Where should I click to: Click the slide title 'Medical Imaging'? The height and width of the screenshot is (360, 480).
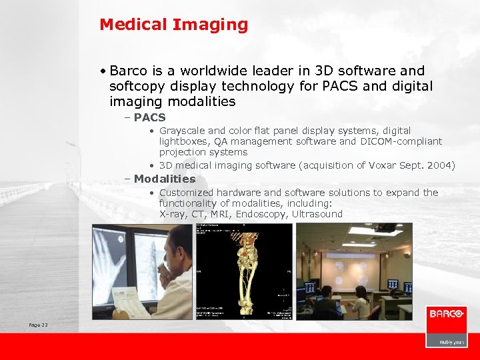(173, 25)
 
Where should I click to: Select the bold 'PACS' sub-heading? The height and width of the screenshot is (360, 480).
(149, 117)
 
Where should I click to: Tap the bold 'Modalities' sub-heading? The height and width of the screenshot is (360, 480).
(165, 179)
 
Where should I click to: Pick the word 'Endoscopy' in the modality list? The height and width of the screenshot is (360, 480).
(265, 214)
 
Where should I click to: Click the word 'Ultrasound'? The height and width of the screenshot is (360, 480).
(317, 214)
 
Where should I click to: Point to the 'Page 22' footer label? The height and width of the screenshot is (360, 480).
(38, 325)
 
